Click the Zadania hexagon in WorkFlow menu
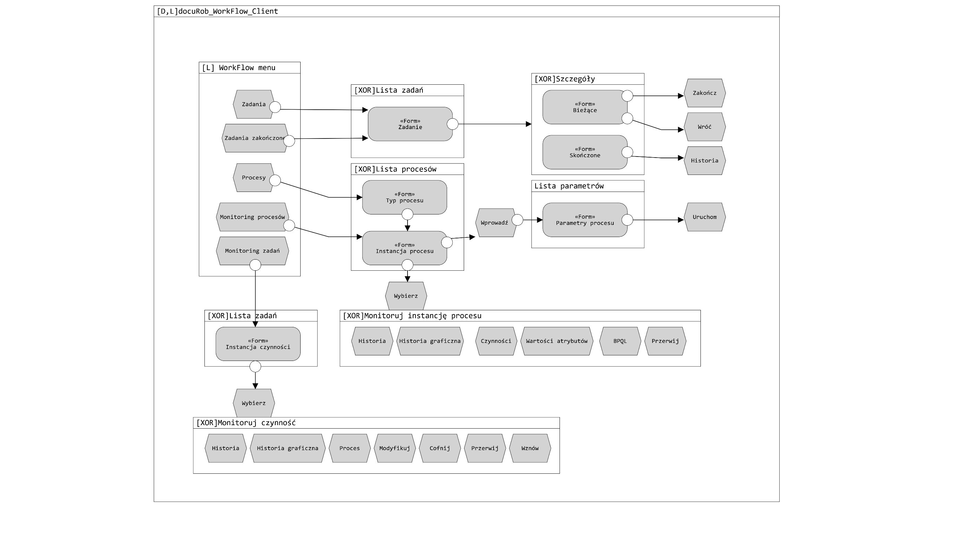pos(253,104)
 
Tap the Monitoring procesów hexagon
pos(252,217)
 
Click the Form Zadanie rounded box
pos(410,124)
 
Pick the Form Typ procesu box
pos(404,197)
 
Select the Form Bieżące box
pos(585,107)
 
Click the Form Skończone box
pos(585,152)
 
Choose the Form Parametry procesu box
pos(585,220)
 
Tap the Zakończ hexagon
pos(704,93)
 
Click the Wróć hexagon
pos(704,127)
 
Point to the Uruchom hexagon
pos(704,217)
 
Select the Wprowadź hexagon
pos(494,223)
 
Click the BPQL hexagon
pos(620,341)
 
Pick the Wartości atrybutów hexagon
pos(556,341)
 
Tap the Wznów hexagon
pos(530,448)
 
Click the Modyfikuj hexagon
pos(394,448)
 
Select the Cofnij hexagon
pos(439,448)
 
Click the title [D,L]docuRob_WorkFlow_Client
pos(217,11)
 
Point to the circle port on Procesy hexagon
pos(275,180)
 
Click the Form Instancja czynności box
pos(258,344)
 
